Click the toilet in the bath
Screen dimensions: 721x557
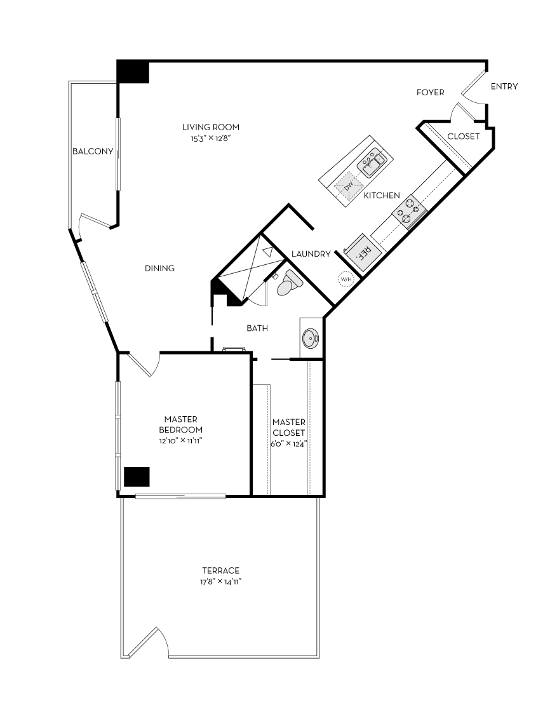coord(289,283)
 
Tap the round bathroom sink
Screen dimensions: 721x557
coord(310,337)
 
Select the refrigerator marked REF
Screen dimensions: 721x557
coord(361,252)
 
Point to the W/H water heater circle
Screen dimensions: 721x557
coord(346,280)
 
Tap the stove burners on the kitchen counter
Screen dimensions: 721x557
coord(410,212)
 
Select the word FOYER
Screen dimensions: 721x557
coord(430,93)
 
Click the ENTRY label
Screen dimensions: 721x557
coord(504,86)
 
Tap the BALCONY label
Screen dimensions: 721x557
coord(93,151)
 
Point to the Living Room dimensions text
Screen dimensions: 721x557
coord(210,138)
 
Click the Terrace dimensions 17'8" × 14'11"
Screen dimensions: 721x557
coord(221,581)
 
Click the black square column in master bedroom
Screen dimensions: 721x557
coord(137,476)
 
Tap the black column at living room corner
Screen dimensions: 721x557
coord(133,71)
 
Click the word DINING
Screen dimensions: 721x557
coord(159,268)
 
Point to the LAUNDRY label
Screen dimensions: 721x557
coord(311,254)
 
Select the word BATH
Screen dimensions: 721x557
coord(257,328)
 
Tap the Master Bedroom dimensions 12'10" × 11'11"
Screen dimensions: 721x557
coord(181,440)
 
